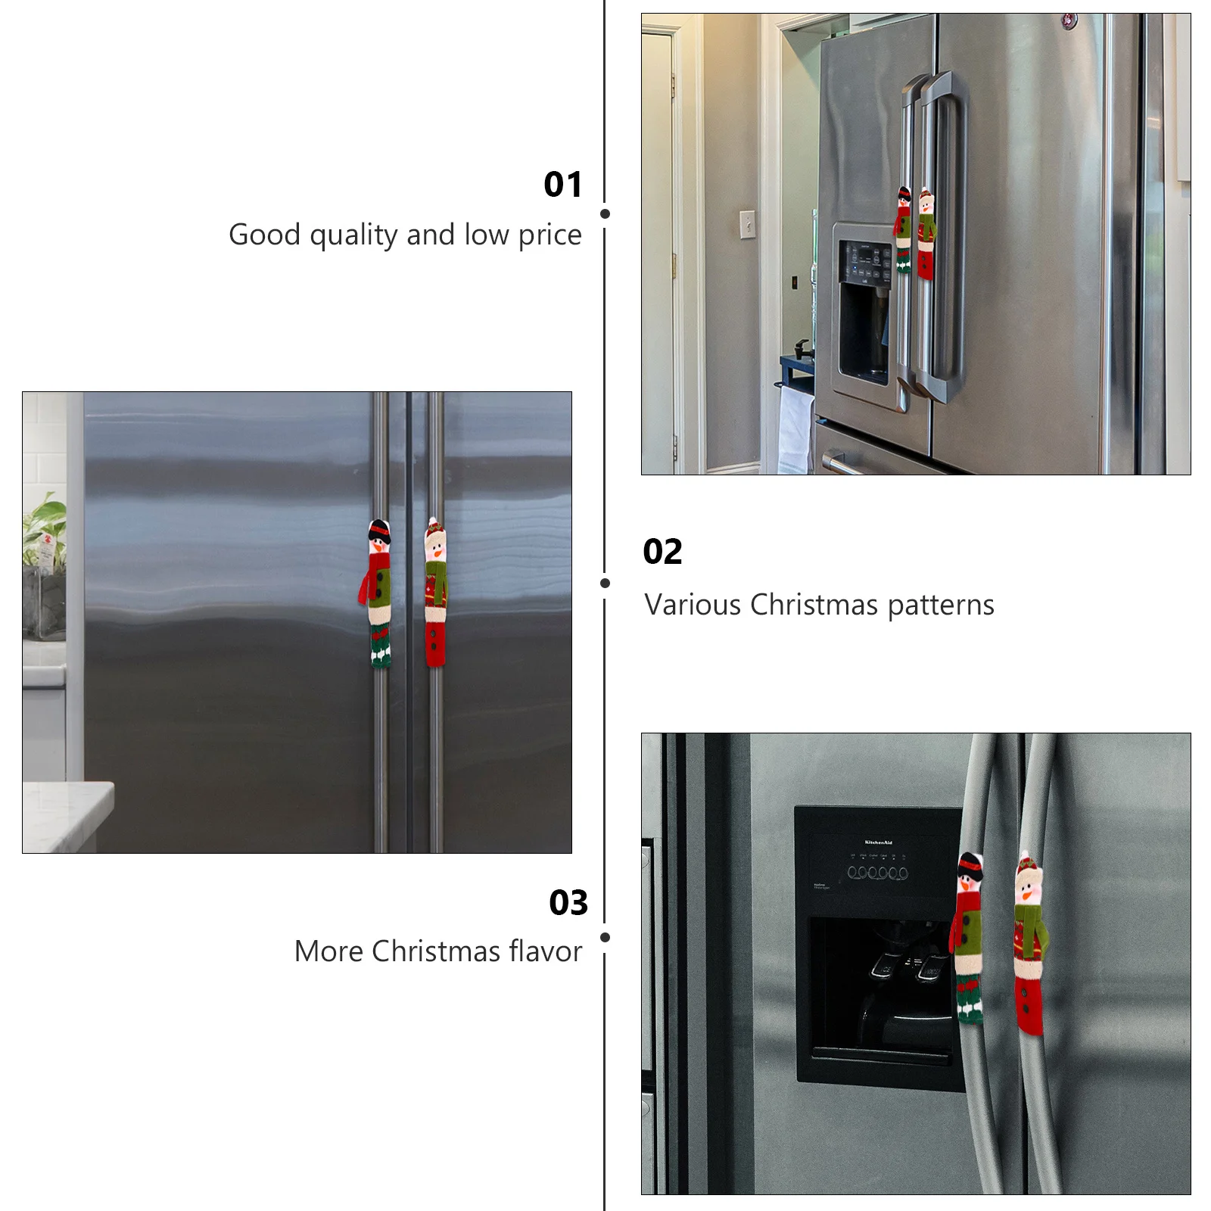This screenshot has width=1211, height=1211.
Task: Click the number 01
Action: [563, 185]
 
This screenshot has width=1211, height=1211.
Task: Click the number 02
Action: [662, 552]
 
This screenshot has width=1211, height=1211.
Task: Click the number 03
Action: [568, 902]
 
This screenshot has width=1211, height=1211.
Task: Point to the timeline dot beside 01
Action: [605, 214]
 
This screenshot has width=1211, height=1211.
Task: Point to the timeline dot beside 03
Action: [605, 937]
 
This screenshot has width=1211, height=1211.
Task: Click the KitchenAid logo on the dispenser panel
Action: [878, 842]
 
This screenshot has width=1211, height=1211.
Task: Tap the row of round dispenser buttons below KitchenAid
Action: [877, 873]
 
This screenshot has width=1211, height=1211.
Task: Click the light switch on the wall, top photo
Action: [747, 224]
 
